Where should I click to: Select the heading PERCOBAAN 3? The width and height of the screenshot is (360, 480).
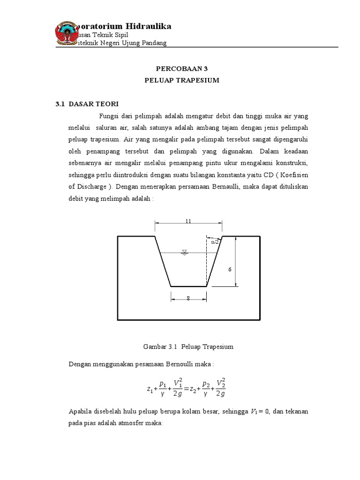[x=181, y=68]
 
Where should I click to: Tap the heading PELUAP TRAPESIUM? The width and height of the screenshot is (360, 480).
[x=181, y=80]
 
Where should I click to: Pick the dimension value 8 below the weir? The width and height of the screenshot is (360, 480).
[x=188, y=298]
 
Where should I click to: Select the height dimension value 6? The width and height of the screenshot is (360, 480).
[x=230, y=270]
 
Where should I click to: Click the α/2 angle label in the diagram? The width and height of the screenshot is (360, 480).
[x=215, y=242]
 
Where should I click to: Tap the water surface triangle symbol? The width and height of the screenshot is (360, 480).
[x=184, y=253]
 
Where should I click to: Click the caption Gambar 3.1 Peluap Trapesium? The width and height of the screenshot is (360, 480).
[x=188, y=347]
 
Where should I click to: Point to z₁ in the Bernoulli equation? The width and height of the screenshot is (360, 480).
[x=150, y=389]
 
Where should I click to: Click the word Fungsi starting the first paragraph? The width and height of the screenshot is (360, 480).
[x=109, y=116]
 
